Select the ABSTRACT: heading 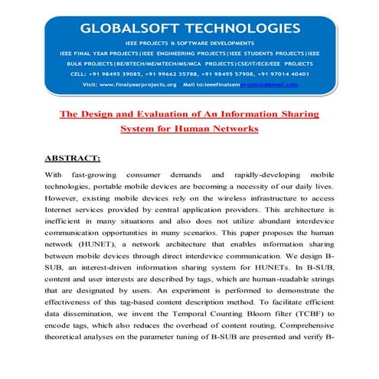pyautogui.click(x=73, y=158)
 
